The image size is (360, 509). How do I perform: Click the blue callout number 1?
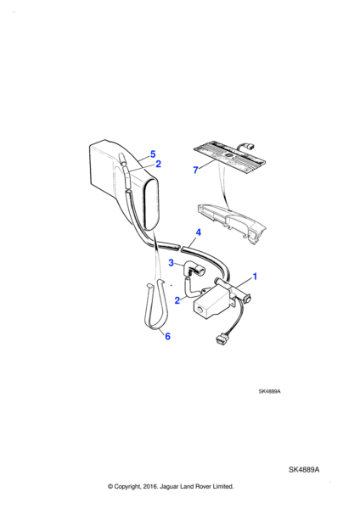click(255, 277)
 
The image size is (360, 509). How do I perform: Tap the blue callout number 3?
click(172, 263)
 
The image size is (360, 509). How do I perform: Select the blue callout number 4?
click(198, 232)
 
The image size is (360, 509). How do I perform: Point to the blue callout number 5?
click(153, 154)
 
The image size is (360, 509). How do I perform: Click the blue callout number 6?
click(167, 336)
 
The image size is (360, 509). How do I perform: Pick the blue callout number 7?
click(195, 170)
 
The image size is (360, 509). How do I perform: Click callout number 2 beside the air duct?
click(158, 164)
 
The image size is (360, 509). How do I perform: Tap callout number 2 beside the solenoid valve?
click(177, 300)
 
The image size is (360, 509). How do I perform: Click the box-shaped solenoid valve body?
click(211, 302)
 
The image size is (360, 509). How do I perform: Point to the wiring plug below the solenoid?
click(220, 340)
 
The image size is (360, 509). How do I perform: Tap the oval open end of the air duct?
click(152, 204)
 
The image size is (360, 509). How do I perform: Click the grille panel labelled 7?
click(229, 157)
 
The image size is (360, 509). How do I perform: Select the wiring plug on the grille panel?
click(250, 148)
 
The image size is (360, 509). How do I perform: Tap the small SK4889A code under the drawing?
click(269, 391)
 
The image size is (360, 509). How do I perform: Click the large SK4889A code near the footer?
click(304, 469)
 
